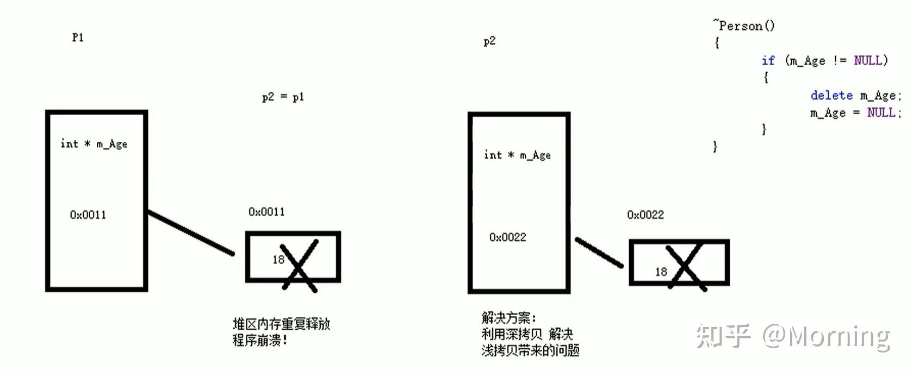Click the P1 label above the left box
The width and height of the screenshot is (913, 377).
[x=78, y=37]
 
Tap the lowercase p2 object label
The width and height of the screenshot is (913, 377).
[x=489, y=41]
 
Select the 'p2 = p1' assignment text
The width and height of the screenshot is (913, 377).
[x=283, y=97]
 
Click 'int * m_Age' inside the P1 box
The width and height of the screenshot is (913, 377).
[x=94, y=144]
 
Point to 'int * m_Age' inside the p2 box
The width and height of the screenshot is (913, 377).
[x=517, y=155]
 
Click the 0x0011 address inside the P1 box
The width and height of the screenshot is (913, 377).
[x=88, y=215]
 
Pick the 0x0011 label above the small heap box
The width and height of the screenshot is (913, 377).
[x=266, y=212]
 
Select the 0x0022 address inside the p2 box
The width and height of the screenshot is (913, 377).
[x=507, y=237]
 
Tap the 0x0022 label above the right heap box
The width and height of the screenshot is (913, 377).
[x=645, y=215]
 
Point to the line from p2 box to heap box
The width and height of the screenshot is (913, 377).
[x=599, y=252]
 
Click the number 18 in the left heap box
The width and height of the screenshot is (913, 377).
[x=278, y=260]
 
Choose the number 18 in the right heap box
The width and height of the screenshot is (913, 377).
[x=661, y=272]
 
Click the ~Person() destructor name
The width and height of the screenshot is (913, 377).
[x=744, y=26]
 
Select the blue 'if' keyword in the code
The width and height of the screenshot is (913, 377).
[x=768, y=60]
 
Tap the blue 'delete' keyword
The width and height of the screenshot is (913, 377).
[x=831, y=96]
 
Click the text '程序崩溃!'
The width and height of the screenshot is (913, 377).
[x=259, y=341]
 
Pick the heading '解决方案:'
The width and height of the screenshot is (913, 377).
[x=508, y=318]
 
